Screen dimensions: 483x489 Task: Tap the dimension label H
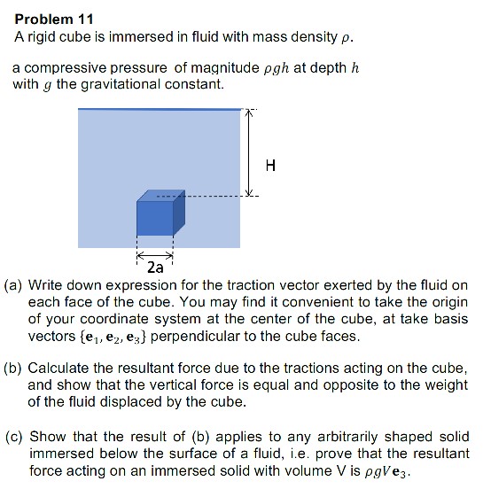[270, 165]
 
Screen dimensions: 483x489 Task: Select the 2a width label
[155, 265]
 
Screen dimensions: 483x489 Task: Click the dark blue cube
[158, 214]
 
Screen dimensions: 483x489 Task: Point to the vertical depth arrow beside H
[250, 152]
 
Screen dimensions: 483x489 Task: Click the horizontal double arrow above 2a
[155, 251]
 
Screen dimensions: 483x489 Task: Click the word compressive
[67, 68]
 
